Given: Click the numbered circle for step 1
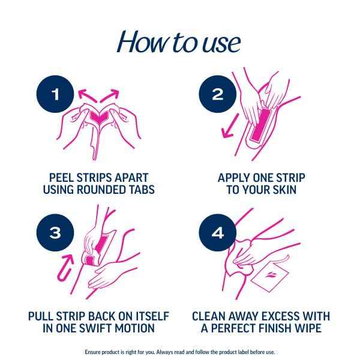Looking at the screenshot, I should (55, 94).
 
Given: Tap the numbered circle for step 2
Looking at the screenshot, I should (217, 94).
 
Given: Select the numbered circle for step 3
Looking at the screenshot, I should (55, 232).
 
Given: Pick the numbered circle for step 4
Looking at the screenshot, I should (217, 232).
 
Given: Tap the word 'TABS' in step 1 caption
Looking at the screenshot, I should (140, 190).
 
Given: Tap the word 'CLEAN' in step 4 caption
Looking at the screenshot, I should (209, 316).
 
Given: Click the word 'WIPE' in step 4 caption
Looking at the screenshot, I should (304, 328).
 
